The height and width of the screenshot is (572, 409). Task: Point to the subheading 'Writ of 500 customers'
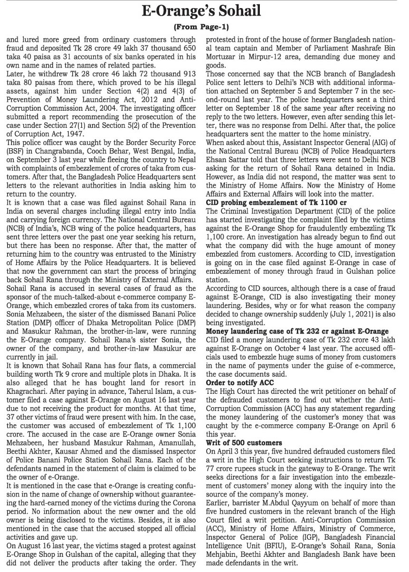click(x=244, y=443)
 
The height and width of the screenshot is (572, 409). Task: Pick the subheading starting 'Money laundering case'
click(x=297, y=331)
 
